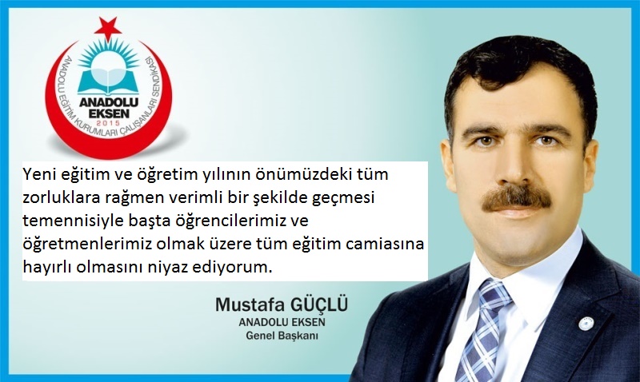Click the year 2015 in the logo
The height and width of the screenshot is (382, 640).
[x=108, y=122]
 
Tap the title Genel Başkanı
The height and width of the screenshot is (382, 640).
[x=282, y=336]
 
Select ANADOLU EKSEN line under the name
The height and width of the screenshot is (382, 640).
[x=282, y=322]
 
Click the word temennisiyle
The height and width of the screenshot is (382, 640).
[x=66, y=221]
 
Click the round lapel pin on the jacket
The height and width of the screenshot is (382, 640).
[x=586, y=324]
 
